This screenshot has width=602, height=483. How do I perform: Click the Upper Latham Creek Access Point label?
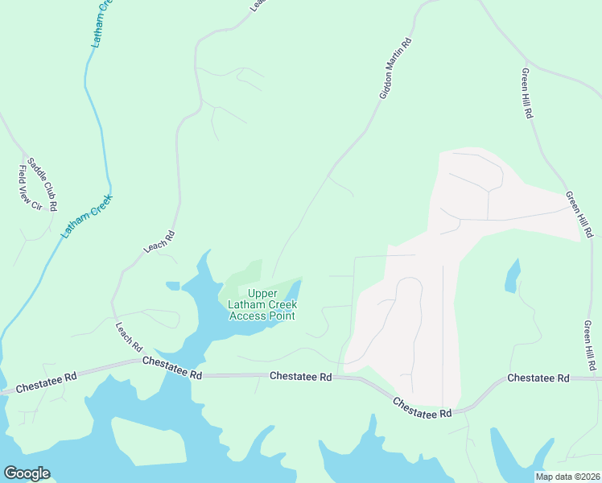262,305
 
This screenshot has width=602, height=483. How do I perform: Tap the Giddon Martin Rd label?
395,69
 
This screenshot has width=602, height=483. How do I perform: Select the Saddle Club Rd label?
43,184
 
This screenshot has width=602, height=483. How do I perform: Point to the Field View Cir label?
30,188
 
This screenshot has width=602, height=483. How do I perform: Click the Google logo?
27,473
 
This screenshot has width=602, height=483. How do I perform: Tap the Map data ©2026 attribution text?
567,477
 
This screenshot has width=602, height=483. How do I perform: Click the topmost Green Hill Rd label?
527,93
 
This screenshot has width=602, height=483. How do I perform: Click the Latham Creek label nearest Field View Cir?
88,216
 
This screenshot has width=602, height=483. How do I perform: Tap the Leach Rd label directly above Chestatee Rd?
129,337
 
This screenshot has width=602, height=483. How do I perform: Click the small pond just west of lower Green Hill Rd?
512,276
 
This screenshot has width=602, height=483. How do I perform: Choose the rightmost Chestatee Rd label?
538,378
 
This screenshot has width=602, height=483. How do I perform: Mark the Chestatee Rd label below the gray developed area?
422,407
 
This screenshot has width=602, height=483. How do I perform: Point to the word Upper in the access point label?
262,294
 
